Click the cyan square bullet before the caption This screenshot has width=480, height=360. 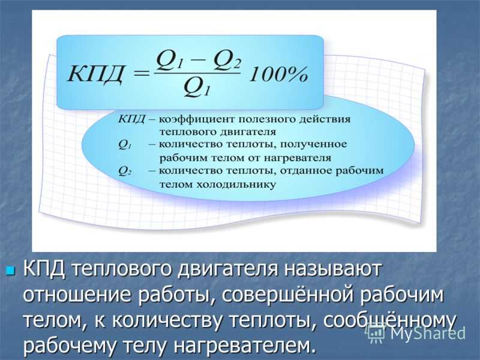11,271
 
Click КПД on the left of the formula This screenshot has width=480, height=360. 95,74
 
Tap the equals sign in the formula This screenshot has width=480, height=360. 142,73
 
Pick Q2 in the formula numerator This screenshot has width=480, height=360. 227,60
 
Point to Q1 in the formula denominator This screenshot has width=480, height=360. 197,87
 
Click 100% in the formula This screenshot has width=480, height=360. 278,74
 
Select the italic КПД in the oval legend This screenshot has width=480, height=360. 131,119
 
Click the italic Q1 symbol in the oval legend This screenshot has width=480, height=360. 125,145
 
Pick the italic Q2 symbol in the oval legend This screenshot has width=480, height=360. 125,171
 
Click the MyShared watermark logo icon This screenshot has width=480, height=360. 376,332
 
